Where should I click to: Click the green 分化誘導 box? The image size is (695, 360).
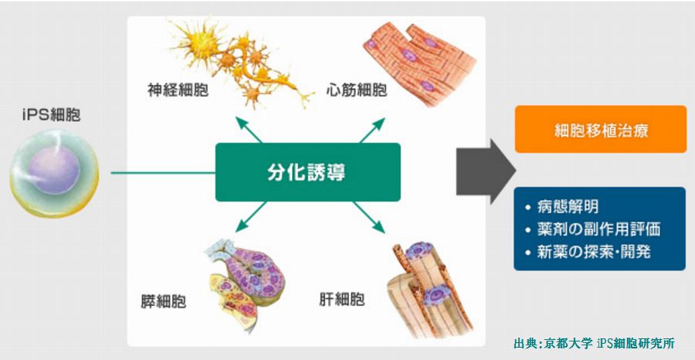point(307,172)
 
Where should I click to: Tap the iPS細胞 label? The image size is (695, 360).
point(52,116)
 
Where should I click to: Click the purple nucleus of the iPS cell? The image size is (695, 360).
point(54,170)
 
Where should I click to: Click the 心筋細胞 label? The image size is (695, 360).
point(357,90)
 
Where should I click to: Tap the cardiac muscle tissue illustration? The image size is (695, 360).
point(419,63)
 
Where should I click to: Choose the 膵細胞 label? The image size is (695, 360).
point(163,302)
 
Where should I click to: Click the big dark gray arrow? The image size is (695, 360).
point(486,172)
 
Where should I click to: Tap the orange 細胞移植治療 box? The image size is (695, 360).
point(601,129)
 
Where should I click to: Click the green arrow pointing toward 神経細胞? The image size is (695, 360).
point(248,130)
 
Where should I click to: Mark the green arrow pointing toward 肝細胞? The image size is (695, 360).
point(369,217)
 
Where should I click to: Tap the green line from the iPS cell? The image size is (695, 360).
point(163,172)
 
